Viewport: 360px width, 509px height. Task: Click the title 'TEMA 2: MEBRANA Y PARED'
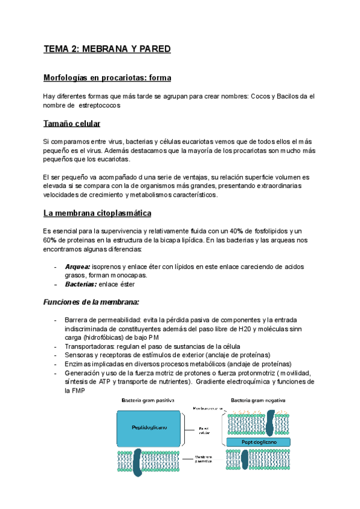pos(107,49)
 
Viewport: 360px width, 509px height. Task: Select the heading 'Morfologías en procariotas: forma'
pos(107,78)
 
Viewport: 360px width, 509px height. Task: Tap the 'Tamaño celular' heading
pos(72,124)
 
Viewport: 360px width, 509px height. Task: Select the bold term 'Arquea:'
pos(77,266)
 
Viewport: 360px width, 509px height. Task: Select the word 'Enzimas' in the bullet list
pos(79,364)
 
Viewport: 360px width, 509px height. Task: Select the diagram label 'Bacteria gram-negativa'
pos(259,400)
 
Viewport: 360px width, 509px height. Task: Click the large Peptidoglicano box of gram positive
pos(145,427)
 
